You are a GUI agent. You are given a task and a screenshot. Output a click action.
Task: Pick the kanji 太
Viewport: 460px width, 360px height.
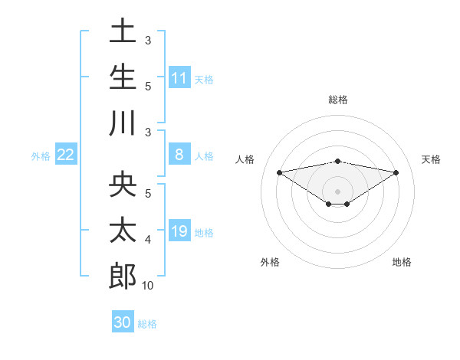pyautogui.click(x=123, y=231)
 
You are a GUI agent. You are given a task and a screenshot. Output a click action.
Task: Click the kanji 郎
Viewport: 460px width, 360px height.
pyautogui.click(x=123, y=277)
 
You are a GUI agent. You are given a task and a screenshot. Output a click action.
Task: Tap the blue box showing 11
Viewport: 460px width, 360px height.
pyautogui.click(x=179, y=77)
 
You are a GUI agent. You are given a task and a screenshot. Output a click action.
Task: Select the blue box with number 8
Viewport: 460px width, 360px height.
pyautogui.click(x=179, y=155)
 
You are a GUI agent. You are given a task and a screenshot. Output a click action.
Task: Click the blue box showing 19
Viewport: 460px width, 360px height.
pyautogui.click(x=179, y=231)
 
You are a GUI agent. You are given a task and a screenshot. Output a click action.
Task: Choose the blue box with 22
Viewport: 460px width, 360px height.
pyautogui.click(x=66, y=155)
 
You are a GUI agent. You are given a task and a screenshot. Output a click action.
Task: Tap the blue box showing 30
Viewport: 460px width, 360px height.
pyautogui.click(x=123, y=322)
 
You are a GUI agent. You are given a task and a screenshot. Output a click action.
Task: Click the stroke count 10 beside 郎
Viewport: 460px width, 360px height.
pyautogui.click(x=147, y=286)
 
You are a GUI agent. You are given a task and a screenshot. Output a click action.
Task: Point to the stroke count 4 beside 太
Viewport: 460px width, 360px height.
pyautogui.click(x=148, y=240)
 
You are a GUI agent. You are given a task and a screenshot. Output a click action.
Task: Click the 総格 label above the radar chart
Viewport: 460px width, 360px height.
pyautogui.click(x=338, y=100)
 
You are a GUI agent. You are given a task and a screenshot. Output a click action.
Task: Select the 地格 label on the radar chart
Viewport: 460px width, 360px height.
pyautogui.click(x=402, y=262)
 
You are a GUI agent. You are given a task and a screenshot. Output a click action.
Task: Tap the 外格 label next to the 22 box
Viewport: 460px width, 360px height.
pyautogui.click(x=41, y=155)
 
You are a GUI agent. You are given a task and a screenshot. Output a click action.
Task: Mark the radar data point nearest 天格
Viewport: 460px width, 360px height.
pyautogui.click(x=396, y=172)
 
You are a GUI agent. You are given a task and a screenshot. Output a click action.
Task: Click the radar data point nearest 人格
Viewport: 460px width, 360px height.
pyautogui.click(x=279, y=172)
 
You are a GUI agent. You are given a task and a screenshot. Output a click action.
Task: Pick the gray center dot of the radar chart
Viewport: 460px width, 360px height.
pyautogui.click(x=338, y=191)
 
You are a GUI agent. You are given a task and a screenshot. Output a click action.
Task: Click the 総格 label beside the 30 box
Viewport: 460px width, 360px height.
pyautogui.click(x=147, y=323)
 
